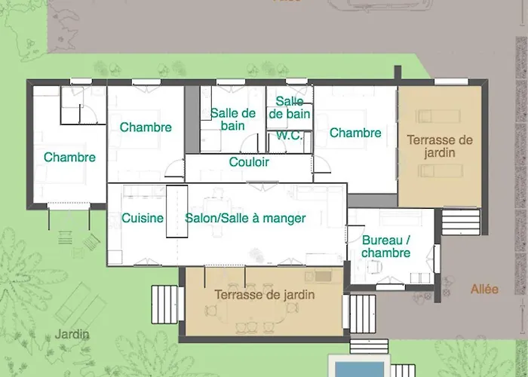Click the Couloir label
[249, 162]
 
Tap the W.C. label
[290, 136]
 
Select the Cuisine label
[143, 219]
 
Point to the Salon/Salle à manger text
[245, 219]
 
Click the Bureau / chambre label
[385, 247]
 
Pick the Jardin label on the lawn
[72, 334]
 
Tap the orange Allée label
[484, 290]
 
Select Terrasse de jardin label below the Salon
[264, 296]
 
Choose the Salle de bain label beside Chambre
[233, 119]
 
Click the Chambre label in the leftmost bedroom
[69, 158]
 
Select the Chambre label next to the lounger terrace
[355, 133]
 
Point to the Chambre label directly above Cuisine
[146, 127]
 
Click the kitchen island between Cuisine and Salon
[177, 210]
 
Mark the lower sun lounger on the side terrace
[438, 171]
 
